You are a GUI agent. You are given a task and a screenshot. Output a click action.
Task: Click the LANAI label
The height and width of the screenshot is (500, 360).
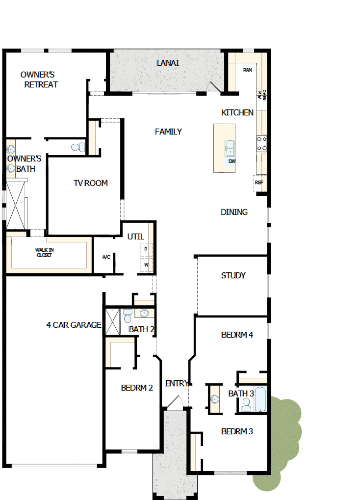click(x=168, y=63)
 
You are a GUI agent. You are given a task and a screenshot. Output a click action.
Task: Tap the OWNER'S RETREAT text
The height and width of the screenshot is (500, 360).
click(x=39, y=79)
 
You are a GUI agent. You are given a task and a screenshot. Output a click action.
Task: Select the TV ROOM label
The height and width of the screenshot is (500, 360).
click(x=91, y=183)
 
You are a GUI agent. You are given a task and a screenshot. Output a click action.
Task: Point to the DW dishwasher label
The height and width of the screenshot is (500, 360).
click(x=232, y=161)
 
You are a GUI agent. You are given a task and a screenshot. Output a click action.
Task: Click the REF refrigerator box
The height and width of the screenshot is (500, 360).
click(x=259, y=183)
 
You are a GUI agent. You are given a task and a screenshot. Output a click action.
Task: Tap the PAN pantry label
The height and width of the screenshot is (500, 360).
click(x=248, y=70)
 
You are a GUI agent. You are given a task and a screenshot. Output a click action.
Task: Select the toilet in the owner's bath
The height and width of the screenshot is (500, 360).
click(x=77, y=146)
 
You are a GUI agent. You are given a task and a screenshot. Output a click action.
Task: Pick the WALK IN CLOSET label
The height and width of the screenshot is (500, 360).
click(x=45, y=253)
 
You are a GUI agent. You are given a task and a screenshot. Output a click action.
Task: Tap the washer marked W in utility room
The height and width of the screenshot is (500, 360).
click(x=146, y=265)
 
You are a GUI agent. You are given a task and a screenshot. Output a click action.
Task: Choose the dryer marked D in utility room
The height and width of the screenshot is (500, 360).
click(x=146, y=249)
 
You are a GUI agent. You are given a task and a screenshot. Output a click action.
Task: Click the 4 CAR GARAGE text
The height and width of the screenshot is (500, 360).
click(x=74, y=325)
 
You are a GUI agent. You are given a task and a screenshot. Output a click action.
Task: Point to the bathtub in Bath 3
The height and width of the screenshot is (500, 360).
click(x=260, y=399)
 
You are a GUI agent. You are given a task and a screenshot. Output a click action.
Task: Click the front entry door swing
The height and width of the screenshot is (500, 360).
click(x=174, y=402)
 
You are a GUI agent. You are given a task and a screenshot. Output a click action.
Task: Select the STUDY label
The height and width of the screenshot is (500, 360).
click(x=233, y=275)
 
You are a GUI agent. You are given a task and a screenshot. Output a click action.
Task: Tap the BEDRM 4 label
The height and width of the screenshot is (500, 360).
click(x=237, y=335)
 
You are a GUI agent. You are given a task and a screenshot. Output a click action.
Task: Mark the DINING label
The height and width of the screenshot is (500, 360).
click(x=234, y=212)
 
